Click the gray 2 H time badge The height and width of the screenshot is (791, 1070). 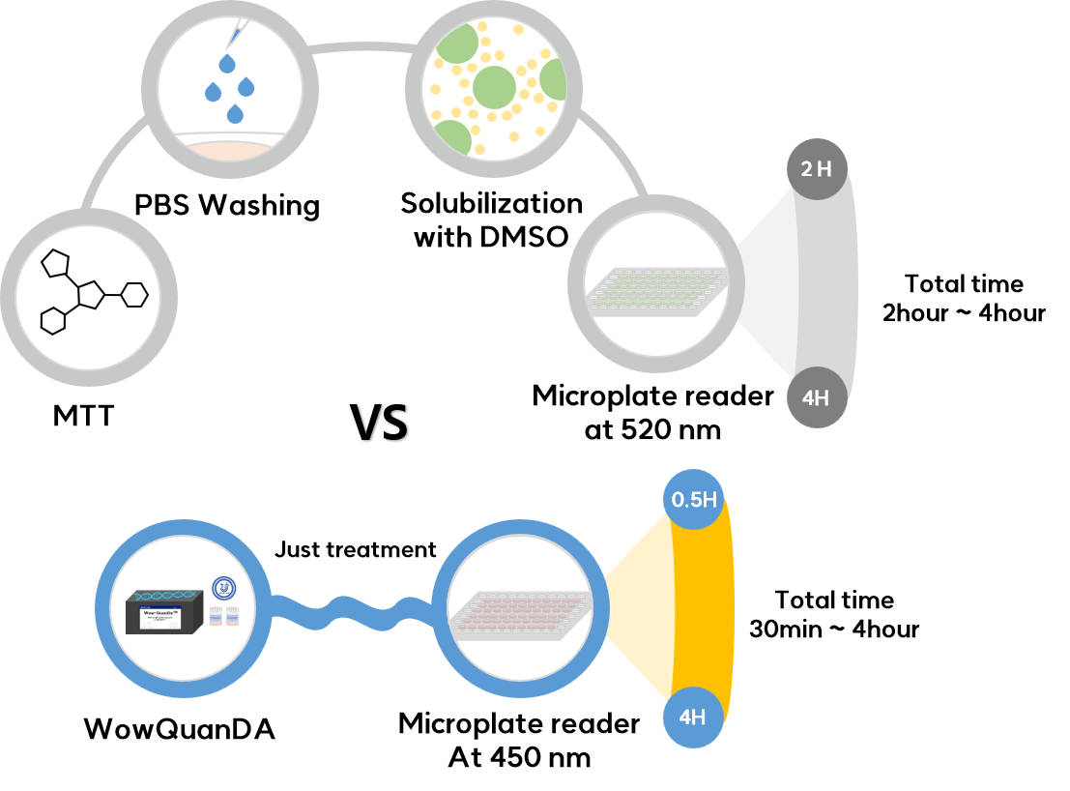817,169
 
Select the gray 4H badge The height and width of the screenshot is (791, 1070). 817,397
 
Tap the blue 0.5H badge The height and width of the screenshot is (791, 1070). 694,500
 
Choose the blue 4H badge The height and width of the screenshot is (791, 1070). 693,718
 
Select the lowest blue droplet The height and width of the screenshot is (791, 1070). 235,114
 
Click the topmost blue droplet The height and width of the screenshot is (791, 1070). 227,64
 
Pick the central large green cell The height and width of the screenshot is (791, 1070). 494,87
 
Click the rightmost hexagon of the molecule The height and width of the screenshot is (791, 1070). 134,295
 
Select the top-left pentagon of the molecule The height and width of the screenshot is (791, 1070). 56,262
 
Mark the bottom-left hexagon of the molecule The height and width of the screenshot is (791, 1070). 53,321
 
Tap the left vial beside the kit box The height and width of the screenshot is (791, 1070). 216,616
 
